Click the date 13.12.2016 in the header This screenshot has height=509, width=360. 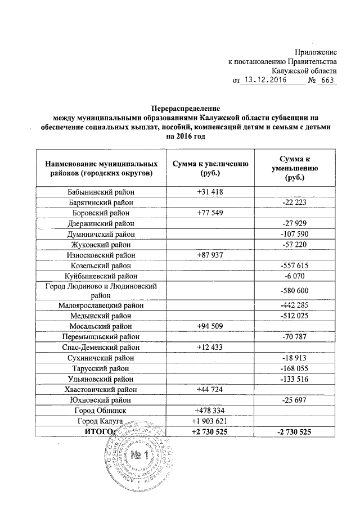click(263, 80)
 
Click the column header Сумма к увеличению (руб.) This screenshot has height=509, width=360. click(211, 168)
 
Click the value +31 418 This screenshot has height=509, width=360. click(211, 192)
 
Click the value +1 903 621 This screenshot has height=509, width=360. click(211, 421)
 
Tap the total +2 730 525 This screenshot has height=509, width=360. click(211, 431)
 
